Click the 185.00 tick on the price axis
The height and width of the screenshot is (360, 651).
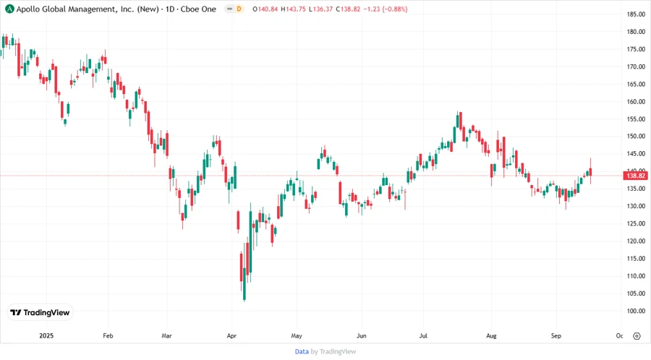tap(636, 14)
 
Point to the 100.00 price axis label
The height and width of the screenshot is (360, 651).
tap(636, 311)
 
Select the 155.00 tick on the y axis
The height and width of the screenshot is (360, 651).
tap(636, 119)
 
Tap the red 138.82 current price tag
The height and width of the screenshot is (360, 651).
tap(636, 176)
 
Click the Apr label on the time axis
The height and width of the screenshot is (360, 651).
tap(231, 336)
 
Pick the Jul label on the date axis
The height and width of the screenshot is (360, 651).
tap(423, 336)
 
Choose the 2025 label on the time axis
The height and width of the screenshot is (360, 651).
tap(46, 336)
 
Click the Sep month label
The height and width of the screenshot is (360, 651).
tap(556, 336)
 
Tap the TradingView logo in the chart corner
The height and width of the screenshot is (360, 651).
tap(40, 313)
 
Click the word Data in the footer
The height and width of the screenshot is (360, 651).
tap(302, 351)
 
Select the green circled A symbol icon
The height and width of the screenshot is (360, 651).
tap(9, 9)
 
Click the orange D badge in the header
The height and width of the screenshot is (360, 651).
tap(239, 9)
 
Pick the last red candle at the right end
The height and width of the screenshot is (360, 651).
tap(591, 172)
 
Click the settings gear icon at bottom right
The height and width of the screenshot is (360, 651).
tap(637, 336)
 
